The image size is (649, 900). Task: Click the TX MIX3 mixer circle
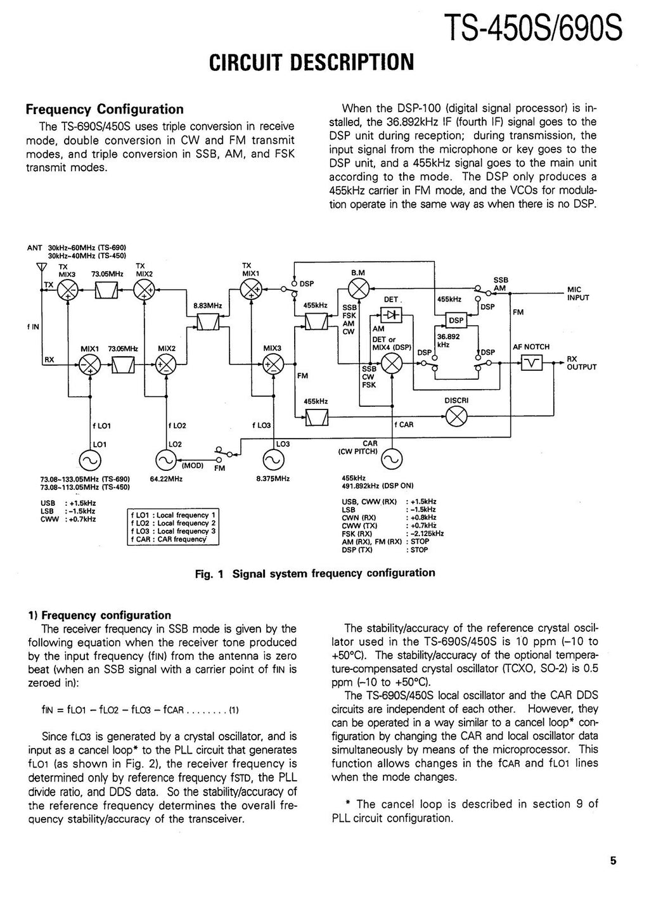click(x=67, y=291)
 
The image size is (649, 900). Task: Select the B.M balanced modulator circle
click(x=359, y=291)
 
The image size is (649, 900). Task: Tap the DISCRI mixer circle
click(x=456, y=416)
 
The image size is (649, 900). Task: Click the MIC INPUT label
click(x=578, y=294)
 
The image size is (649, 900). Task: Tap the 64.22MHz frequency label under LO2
click(x=167, y=480)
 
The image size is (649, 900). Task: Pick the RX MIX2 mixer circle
click(x=166, y=364)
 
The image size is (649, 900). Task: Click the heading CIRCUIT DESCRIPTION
click(x=311, y=61)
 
